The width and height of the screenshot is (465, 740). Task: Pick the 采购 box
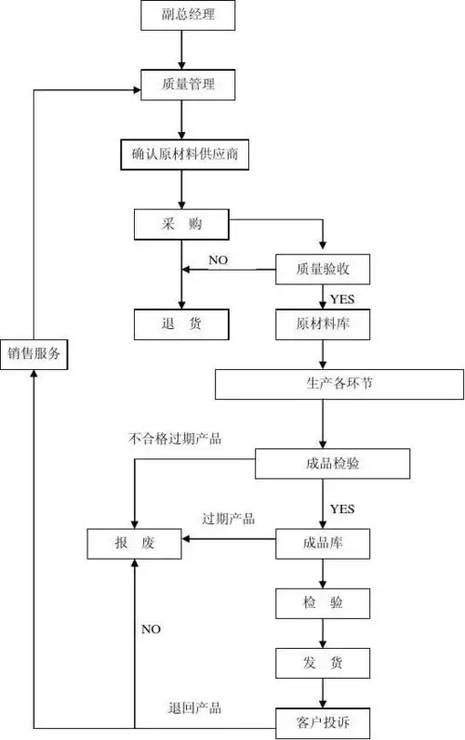click(x=181, y=223)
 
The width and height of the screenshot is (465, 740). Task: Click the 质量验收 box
click(x=323, y=270)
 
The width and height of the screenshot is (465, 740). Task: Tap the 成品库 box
click(x=323, y=542)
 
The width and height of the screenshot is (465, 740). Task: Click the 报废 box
click(x=135, y=543)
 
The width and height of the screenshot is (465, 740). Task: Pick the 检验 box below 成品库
click(x=323, y=602)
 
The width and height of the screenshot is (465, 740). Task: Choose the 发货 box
click(x=323, y=663)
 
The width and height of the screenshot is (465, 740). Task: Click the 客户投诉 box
click(x=323, y=721)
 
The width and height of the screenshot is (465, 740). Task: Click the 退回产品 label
click(x=194, y=707)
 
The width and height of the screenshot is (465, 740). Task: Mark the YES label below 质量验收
click(x=342, y=298)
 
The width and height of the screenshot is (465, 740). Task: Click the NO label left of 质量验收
click(x=219, y=258)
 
